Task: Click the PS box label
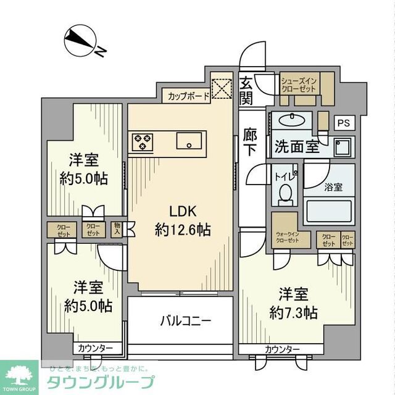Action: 343,123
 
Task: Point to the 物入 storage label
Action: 117,230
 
